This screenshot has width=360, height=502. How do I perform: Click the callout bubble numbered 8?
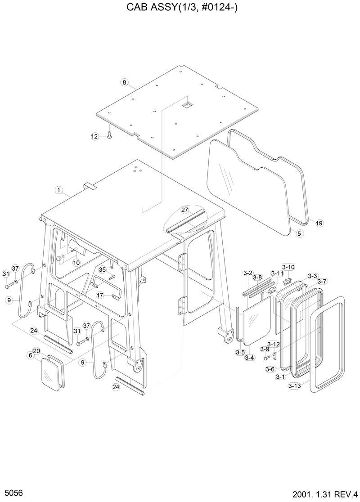[125, 82]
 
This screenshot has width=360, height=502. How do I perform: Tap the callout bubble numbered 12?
[94, 136]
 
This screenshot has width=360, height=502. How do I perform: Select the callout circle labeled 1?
[58, 190]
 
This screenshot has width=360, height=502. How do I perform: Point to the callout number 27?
[184, 210]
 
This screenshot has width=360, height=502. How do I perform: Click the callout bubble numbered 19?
[319, 223]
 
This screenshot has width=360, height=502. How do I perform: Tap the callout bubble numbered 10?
[76, 262]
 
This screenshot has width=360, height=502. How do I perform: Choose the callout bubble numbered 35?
[102, 270]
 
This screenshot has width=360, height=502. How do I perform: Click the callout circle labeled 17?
[100, 295]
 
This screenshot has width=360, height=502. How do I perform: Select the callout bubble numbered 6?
[31, 355]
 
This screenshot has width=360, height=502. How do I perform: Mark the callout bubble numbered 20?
[37, 351]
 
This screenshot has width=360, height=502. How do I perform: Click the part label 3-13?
[295, 385]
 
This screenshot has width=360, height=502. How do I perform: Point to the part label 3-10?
[288, 267]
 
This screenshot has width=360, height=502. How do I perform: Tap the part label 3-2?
[247, 273]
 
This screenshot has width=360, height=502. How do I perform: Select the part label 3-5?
[239, 352]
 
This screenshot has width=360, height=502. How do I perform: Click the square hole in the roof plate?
[187, 104]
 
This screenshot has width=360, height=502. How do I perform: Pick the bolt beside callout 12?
[109, 134]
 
